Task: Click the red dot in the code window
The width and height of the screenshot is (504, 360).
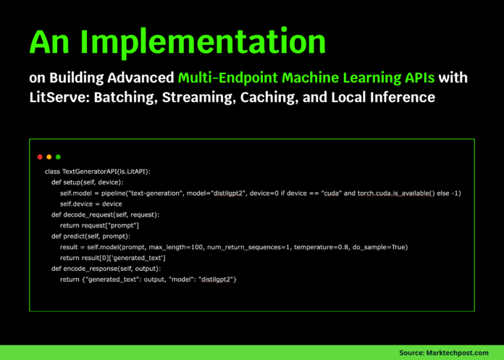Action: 40,156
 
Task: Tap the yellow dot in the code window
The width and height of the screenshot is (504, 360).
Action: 49,156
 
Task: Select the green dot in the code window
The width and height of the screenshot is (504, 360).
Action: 58,156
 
